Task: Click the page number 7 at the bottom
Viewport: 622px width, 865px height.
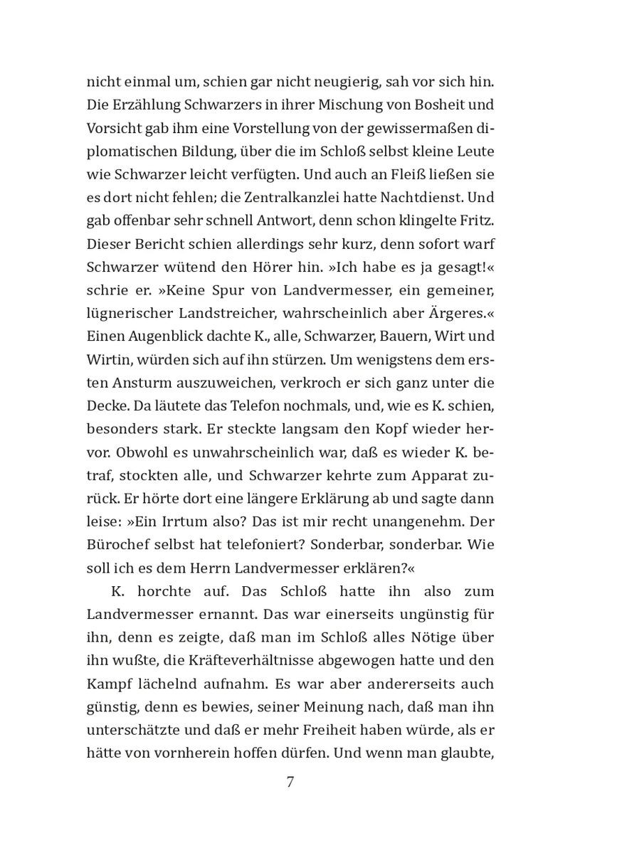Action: (290, 782)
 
